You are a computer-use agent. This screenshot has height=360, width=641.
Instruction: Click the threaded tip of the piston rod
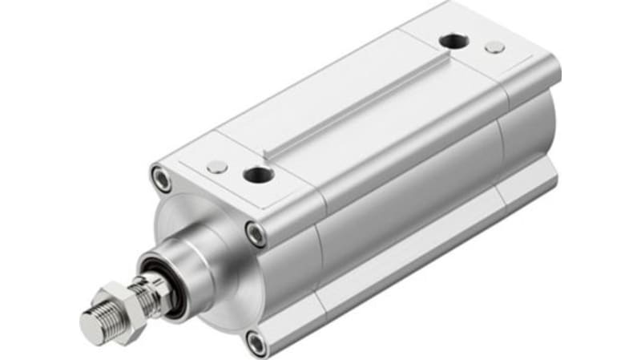pyautogui.click(x=95, y=325)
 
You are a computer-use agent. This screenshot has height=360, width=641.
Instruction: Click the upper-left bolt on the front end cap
pyautogui.click(x=162, y=177)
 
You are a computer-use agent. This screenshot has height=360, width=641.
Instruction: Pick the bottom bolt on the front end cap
pyautogui.click(x=256, y=343)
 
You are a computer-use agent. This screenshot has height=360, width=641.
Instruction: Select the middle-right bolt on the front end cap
pyautogui.click(x=256, y=234)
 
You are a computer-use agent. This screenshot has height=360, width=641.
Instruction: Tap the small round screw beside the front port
pyautogui.click(x=217, y=166)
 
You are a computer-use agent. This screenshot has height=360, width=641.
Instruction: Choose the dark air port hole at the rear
pyautogui.click(x=453, y=40)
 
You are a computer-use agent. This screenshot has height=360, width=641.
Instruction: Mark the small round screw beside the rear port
pyautogui.click(x=495, y=47)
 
